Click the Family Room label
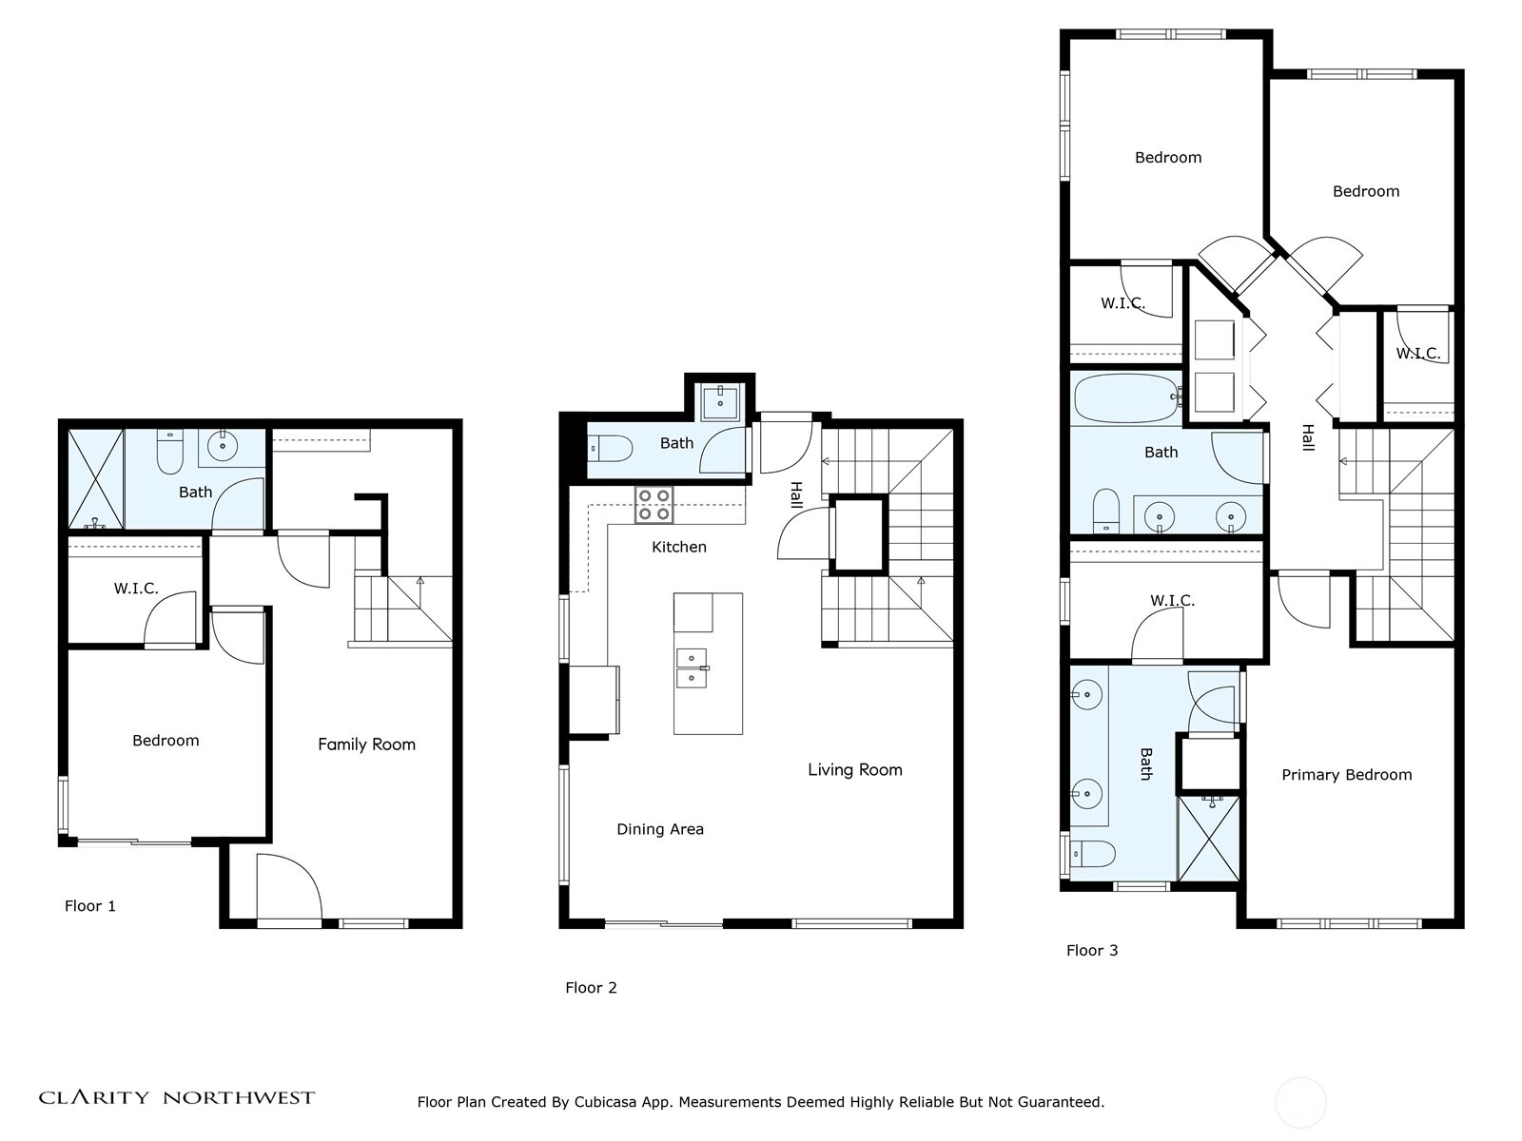tap(366, 745)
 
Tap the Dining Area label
tap(660, 829)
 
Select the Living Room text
tap(855, 769)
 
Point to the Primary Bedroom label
tap(1347, 775)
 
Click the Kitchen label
tap(679, 548)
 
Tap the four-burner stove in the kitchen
tap(654, 505)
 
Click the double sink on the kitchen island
tap(692, 667)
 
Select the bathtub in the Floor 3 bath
tap(1127, 397)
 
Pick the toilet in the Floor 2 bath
tap(611, 449)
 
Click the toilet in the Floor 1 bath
tap(170, 452)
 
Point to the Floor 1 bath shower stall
tap(96, 478)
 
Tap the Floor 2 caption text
tap(591, 988)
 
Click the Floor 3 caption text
tap(1092, 951)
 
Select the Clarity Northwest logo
tap(177, 1097)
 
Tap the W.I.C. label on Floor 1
tap(136, 589)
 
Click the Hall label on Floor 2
tap(796, 495)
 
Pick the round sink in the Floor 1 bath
tap(223, 446)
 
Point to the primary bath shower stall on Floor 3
tap(1209, 839)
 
